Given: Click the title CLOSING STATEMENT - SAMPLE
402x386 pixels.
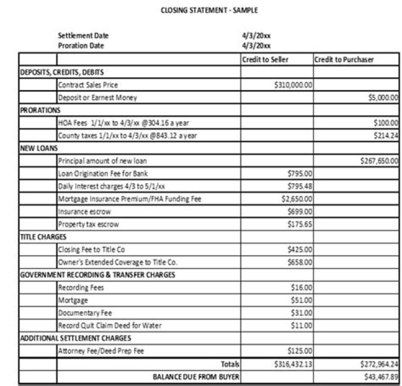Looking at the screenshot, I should (209, 10).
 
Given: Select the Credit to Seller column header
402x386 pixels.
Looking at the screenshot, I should (265, 60).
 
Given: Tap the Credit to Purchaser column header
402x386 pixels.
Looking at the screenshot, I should (344, 60).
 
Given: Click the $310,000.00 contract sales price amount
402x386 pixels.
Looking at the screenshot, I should (294, 85).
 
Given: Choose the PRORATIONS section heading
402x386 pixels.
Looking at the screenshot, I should (40, 110).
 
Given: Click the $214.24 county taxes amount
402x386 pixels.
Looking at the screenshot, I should (386, 135).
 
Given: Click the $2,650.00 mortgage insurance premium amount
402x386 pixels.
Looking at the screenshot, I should (300, 199).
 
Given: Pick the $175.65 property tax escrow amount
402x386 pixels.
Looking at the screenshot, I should (301, 225).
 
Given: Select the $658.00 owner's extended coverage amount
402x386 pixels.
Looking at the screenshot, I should (301, 262).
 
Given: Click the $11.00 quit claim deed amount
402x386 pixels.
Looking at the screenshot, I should (303, 325).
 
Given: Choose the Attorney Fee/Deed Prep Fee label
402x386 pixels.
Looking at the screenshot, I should (101, 351).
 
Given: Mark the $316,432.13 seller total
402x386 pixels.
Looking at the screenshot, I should (294, 364).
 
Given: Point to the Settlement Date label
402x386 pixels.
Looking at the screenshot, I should (83, 36).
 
